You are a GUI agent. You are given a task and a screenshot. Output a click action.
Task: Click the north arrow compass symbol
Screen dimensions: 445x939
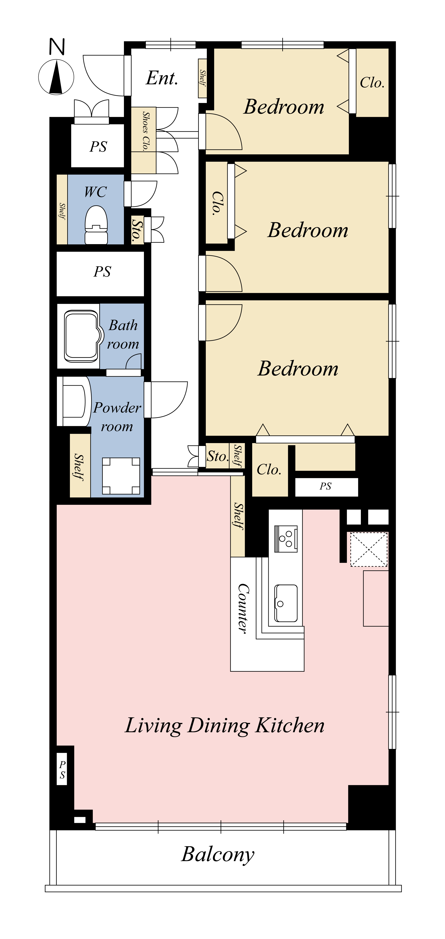pos(56,77)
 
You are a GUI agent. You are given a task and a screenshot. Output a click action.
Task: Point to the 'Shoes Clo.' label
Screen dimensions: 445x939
pos(146,131)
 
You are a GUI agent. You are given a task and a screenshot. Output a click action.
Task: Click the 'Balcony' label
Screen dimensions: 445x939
pos(218,854)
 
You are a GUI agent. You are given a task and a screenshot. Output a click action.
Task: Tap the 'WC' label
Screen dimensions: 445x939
pos(95,192)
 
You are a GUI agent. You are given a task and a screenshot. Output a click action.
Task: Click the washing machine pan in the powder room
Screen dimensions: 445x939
pos(121,476)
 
